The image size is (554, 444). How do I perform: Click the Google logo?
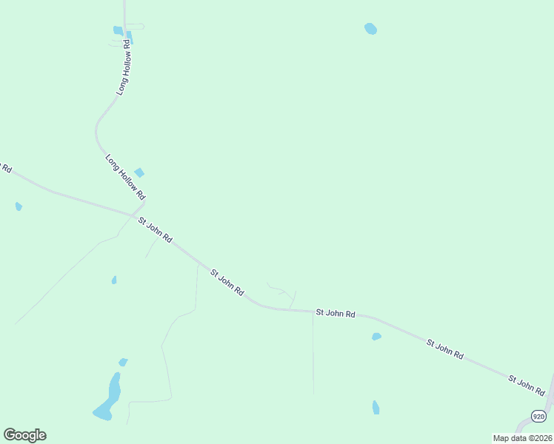pos(24,435)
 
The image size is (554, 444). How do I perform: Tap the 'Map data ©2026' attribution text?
pos(522,438)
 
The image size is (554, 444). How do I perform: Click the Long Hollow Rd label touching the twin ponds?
pos(124,67)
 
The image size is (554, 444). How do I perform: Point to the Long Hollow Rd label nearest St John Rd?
pos(124,177)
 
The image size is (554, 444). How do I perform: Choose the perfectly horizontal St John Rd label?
pos(336,314)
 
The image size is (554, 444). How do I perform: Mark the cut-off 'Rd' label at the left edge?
pos(6,167)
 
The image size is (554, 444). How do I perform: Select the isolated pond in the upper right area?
pos(370,29)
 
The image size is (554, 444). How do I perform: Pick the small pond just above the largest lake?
pos(123,362)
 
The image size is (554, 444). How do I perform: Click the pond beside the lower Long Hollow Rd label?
pos(139,172)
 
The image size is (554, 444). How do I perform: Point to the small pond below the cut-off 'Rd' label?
pos(19,206)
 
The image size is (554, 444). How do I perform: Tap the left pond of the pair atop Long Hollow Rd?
pos(118,30)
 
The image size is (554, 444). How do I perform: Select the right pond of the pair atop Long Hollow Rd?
pos(130,37)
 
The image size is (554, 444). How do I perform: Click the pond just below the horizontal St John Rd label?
pos(376,337)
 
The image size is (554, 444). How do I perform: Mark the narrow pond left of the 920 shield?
pos(376,407)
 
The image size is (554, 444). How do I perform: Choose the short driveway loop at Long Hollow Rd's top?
pos(136,27)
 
